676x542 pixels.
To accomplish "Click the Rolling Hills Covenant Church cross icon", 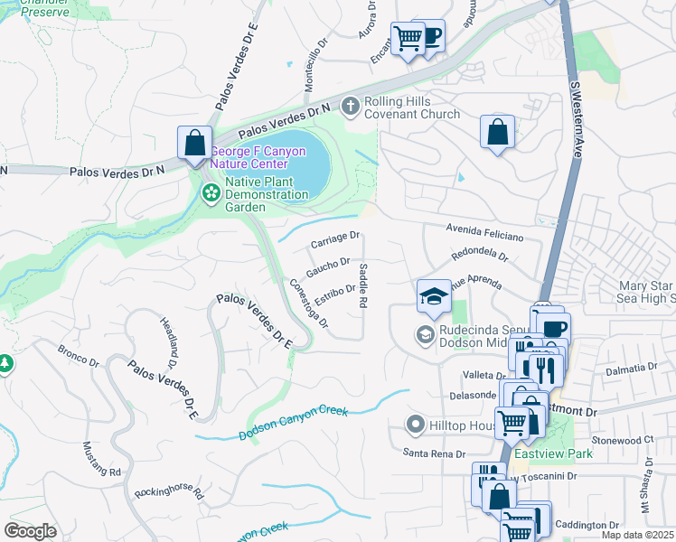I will pos(352,107).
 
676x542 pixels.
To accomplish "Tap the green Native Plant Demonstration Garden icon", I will pos(211,192).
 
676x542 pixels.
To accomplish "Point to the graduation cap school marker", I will pos(434,295).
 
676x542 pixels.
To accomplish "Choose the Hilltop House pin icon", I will pos(416,423).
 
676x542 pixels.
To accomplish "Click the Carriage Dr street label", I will pos(335,240).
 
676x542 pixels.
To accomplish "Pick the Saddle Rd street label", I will pos(363,286).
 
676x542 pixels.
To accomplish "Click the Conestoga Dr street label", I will pos(308,303).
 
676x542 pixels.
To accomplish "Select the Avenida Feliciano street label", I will pos(484,233).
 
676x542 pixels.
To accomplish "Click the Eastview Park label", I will pos(561,453).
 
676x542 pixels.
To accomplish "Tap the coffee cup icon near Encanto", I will pos(431,36).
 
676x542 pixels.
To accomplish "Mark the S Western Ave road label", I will pos(575,123).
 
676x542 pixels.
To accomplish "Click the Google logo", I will pos(31,531).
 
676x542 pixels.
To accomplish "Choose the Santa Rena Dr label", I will pos(434,453).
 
